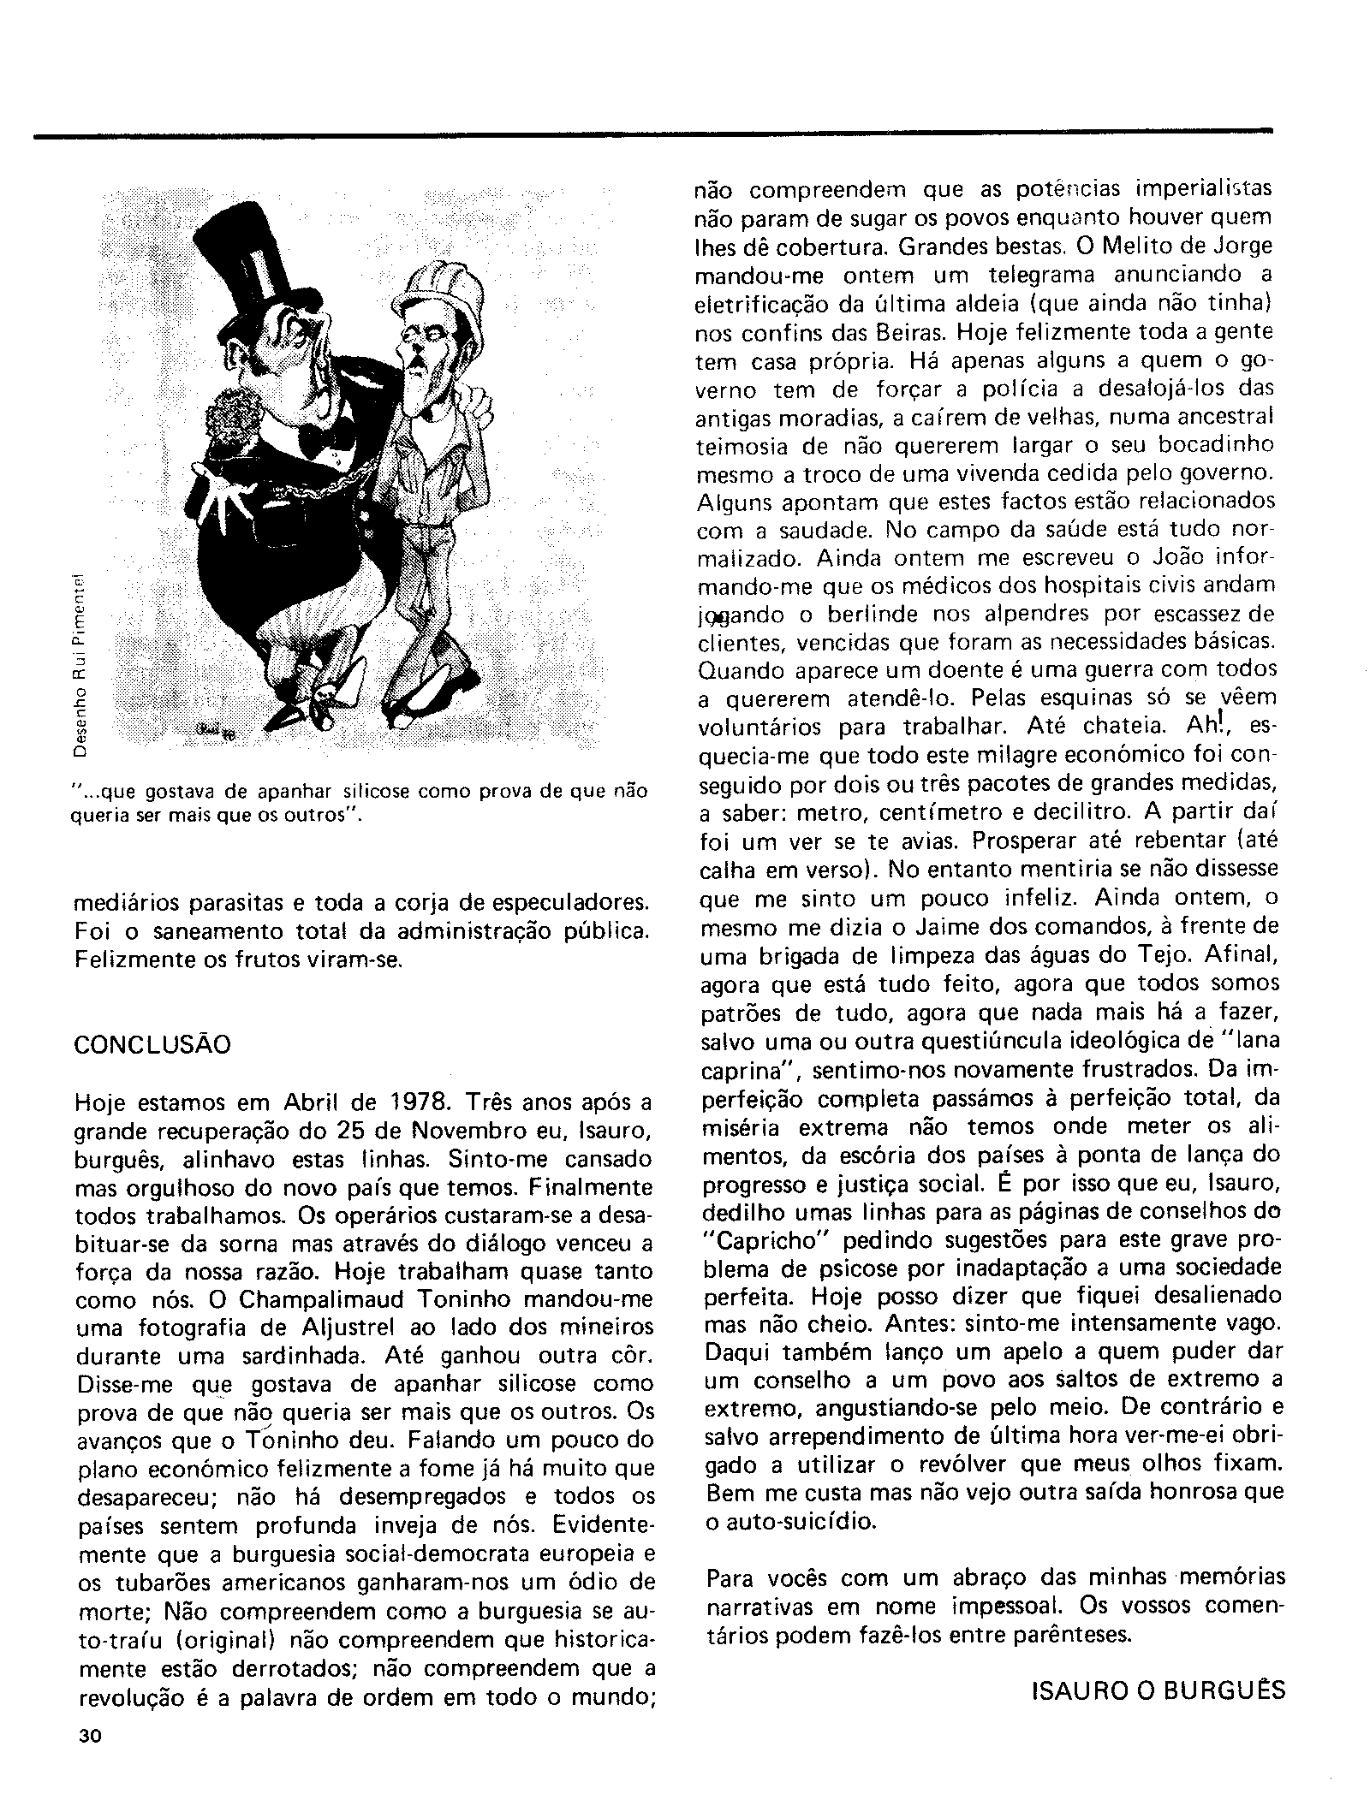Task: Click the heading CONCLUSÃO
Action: (152, 1045)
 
